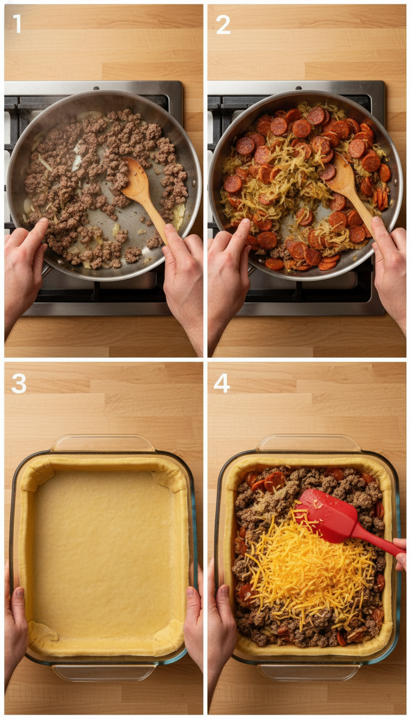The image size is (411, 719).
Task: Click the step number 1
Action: (x=17, y=24)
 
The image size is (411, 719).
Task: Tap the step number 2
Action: (x=223, y=24)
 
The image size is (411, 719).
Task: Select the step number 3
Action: (x=19, y=383)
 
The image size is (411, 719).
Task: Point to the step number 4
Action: (x=222, y=383)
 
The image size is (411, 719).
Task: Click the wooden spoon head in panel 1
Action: (x=135, y=179)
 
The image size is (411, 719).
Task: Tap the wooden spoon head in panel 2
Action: (x=341, y=176)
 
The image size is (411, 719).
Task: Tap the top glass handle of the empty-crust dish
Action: (x=103, y=443)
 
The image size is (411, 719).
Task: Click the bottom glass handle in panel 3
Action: (x=103, y=672)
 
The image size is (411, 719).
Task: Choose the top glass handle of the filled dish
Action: (x=308, y=443)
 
